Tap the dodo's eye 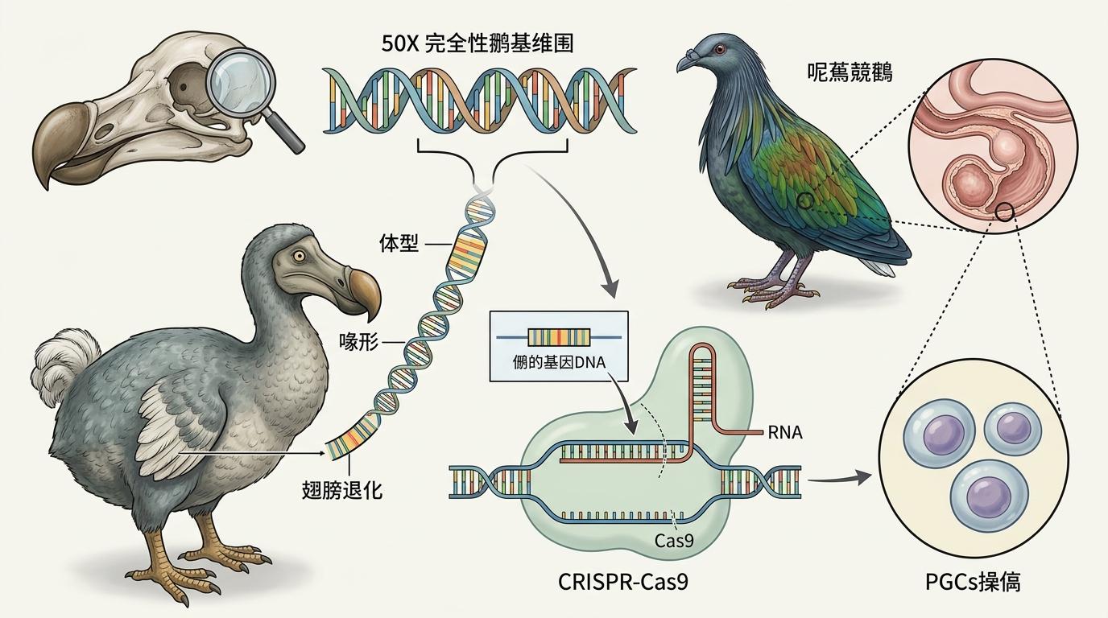[300, 256]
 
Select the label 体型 [399, 243]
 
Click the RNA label [785, 433]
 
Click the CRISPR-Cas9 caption [623, 582]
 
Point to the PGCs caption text [974, 582]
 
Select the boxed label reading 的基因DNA [558, 361]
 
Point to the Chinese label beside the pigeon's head [850, 74]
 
